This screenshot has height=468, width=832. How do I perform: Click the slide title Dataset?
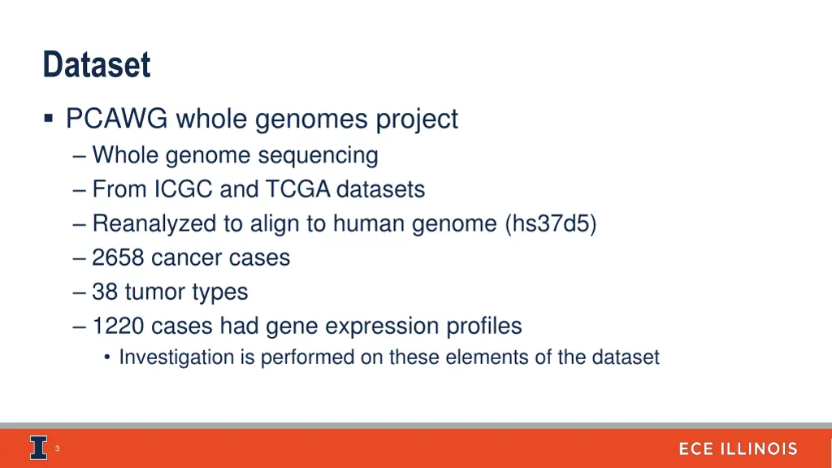pos(97,65)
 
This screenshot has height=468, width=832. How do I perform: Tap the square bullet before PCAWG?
pos(50,119)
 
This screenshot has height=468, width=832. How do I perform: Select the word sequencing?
pos(331,155)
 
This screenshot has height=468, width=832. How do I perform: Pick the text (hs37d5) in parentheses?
pos(550,223)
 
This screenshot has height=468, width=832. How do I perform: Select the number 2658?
pos(118,258)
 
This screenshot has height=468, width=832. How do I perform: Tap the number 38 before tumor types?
pos(105,292)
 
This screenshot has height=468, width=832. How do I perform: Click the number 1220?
pos(118,326)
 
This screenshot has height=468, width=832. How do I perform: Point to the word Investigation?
pos(176,357)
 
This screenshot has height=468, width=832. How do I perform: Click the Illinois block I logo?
pos(37,448)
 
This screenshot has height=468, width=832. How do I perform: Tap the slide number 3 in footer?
pos(57,448)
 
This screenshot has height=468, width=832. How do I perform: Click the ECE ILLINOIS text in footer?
pos(738,448)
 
